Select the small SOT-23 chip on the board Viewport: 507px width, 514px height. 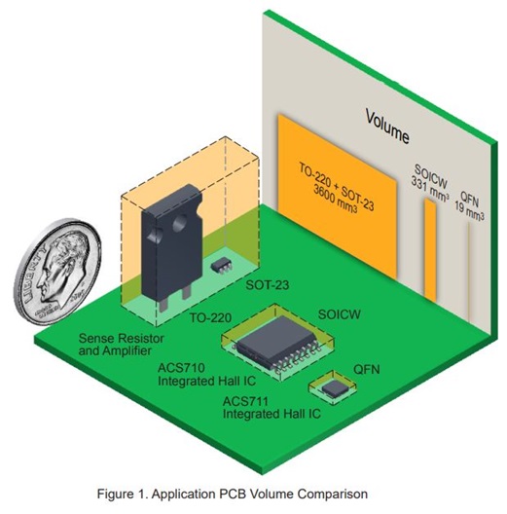click(222, 264)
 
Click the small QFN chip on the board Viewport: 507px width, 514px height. click(335, 387)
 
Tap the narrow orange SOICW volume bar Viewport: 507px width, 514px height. click(429, 249)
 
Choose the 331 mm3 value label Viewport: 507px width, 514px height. click(429, 182)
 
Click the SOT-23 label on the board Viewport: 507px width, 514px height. click(256, 289)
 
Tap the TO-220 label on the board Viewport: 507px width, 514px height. click(209, 317)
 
